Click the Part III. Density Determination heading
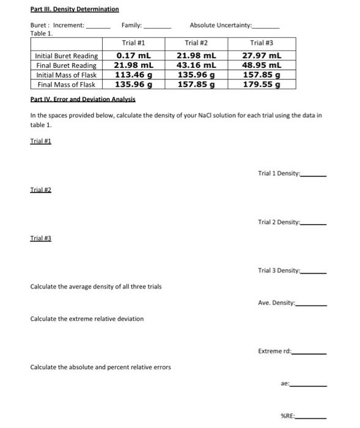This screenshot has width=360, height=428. pyautogui.click(x=75, y=9)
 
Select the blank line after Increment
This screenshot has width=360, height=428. pyautogui.click(x=98, y=28)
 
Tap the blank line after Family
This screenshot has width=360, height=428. pyautogui.click(x=158, y=28)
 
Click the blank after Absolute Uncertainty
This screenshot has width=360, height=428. pyautogui.click(x=266, y=28)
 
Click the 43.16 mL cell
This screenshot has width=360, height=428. pyautogui.click(x=194, y=65)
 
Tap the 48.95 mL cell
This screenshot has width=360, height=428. pyautogui.click(x=262, y=65)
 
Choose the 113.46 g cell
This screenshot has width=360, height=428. pyautogui.click(x=134, y=75)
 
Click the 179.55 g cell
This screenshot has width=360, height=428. pyautogui.click(x=262, y=85)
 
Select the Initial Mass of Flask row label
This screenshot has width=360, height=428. pyautogui.click(x=66, y=75)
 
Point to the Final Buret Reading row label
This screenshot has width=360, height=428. pyautogui.click(x=66, y=65)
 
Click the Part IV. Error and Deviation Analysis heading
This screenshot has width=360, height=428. pyautogui.click(x=83, y=99)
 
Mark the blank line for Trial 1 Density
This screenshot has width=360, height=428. pyautogui.click(x=314, y=175)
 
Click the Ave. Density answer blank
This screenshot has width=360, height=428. pyautogui.click(x=312, y=304)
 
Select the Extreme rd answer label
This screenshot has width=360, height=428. pyautogui.click(x=275, y=351)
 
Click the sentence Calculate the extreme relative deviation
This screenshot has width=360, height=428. pyautogui.click(x=87, y=319)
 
